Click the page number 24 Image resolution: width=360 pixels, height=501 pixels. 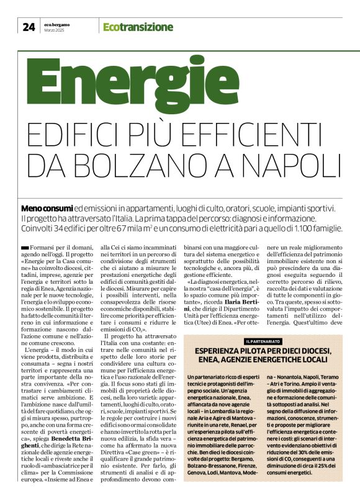(x=29, y=26)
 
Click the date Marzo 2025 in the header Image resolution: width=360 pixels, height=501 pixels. (x=54, y=30)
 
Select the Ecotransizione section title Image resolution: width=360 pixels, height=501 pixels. (x=138, y=27)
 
